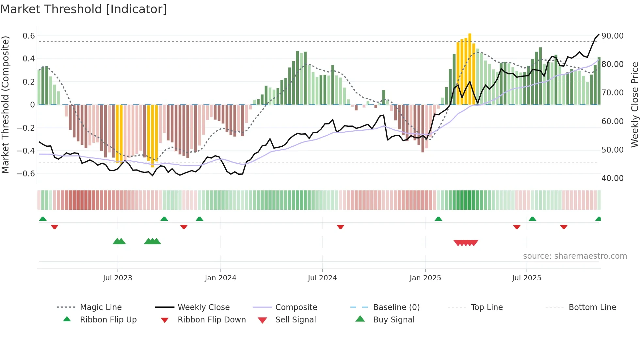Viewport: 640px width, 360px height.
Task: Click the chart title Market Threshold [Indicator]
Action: coord(84,9)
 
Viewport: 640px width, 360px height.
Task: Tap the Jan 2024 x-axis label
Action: coord(220,278)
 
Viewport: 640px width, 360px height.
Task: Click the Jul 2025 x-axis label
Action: coord(526,278)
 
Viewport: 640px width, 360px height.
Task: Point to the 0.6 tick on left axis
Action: coord(29,36)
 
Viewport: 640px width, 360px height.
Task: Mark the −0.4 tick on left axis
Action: coord(26,151)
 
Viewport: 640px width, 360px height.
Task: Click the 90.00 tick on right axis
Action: coord(612,36)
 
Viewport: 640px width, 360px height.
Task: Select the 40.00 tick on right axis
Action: coord(612,178)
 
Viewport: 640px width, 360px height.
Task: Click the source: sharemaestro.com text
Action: coord(575,256)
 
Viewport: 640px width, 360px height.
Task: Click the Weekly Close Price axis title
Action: coord(634,105)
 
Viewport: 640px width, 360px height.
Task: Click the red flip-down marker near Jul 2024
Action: coord(340,227)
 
